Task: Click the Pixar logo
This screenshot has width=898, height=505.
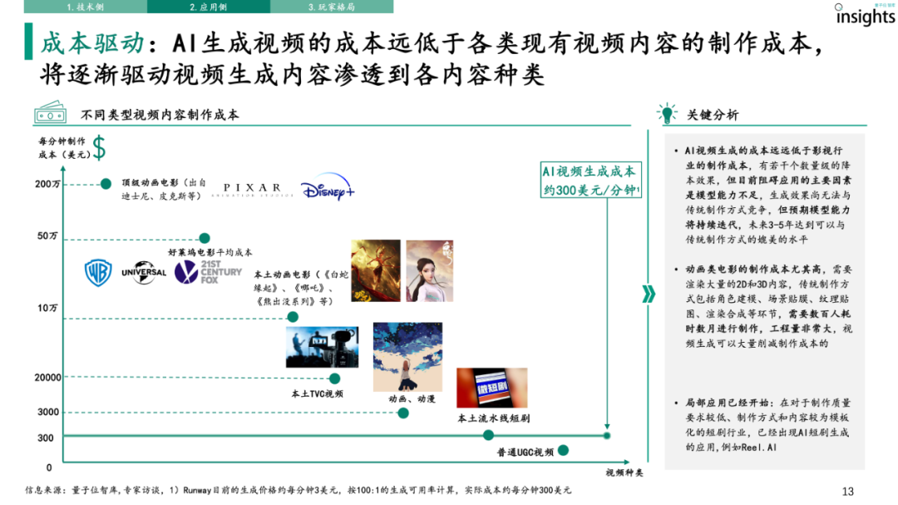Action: (253, 189)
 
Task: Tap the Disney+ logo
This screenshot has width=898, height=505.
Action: (327, 190)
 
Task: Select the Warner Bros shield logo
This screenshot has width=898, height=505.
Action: (98, 272)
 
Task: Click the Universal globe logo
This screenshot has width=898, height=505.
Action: (144, 272)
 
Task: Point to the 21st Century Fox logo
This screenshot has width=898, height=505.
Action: (208, 273)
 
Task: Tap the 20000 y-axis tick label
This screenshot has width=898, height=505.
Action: (48, 378)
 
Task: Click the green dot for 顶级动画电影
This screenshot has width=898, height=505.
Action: (106, 184)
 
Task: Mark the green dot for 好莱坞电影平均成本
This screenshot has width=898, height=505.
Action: (205, 238)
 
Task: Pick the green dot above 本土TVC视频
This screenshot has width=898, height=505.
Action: (335, 378)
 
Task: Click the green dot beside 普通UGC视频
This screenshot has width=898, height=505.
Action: (563, 450)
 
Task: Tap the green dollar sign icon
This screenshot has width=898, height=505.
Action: (99, 147)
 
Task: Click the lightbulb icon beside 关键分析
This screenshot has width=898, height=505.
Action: (666, 113)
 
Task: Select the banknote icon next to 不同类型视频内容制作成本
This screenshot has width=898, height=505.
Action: (51, 114)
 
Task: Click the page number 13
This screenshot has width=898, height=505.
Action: (848, 491)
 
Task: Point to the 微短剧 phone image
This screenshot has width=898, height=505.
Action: (480, 388)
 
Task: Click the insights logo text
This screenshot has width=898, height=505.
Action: (865, 17)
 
